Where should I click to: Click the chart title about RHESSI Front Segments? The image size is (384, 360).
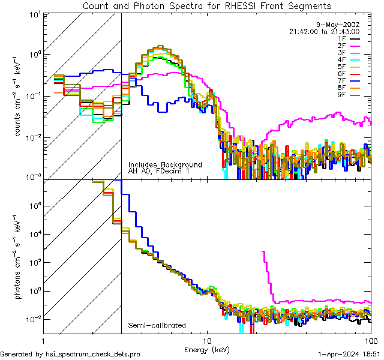click(207, 6)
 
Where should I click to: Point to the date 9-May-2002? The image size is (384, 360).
click(341, 25)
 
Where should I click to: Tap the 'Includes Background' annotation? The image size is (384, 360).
click(165, 164)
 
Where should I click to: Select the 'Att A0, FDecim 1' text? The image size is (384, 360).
click(158, 171)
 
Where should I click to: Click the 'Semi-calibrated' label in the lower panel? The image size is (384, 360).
click(157, 326)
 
